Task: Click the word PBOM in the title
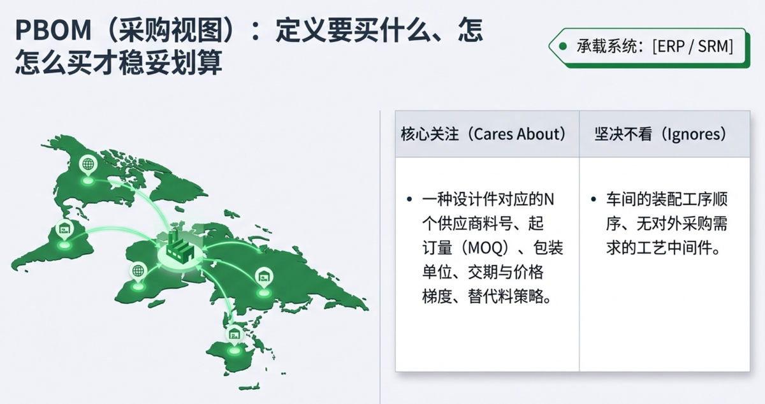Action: [54, 31]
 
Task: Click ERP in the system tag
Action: [671, 46]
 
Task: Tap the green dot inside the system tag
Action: [562, 47]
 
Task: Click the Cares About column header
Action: [484, 134]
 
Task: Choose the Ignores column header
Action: [661, 134]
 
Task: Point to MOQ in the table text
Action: [485, 248]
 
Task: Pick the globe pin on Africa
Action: [138, 272]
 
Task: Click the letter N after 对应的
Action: [549, 199]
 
